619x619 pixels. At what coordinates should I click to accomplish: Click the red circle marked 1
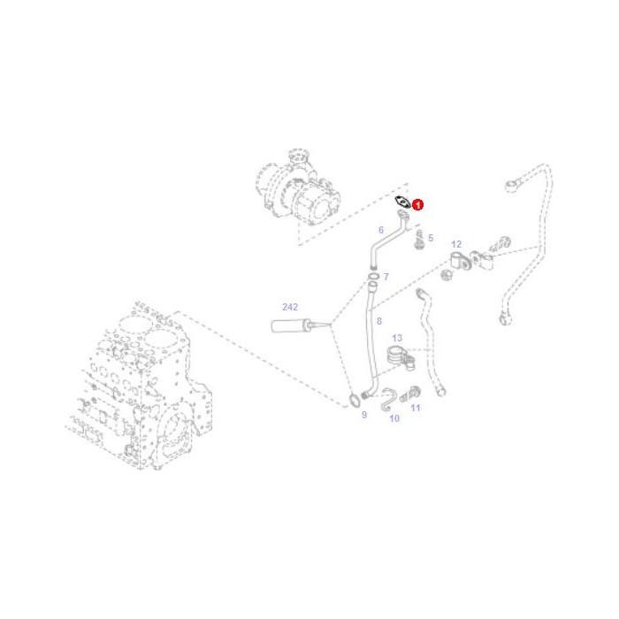(418, 205)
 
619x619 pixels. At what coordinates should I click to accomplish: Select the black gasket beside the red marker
(402, 203)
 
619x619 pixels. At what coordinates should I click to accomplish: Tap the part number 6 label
(381, 230)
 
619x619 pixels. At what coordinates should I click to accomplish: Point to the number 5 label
(431, 238)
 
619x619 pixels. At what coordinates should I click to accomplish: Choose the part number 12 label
(456, 244)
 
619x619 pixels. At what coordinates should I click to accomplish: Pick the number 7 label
(386, 278)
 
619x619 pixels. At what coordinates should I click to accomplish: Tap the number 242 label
(290, 307)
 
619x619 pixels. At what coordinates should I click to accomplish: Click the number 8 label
(378, 322)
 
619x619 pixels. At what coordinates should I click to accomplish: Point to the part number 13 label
(397, 339)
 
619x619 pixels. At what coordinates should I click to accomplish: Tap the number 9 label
(363, 414)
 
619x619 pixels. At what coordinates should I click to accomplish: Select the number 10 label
(394, 418)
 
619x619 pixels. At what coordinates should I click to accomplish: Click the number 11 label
(416, 408)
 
